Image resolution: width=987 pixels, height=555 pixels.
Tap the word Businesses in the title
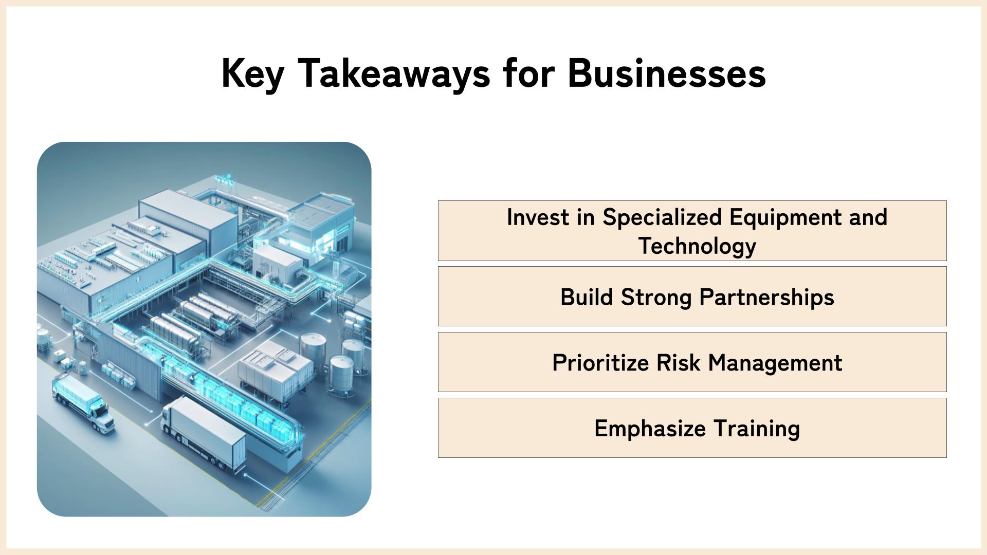pyautogui.click(x=667, y=73)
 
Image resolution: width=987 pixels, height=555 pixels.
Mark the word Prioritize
pyautogui.click(x=600, y=363)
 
